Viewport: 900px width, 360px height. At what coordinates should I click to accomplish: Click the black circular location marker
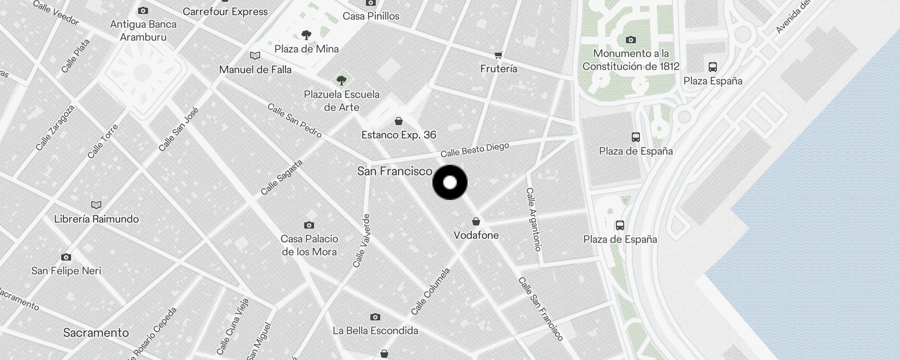pyautogui.click(x=450, y=182)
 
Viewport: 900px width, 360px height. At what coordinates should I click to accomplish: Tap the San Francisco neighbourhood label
pyautogui.click(x=395, y=171)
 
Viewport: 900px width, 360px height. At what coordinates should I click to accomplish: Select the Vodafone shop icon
pyautogui.click(x=476, y=221)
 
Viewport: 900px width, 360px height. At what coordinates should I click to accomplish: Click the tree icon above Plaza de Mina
pyautogui.click(x=306, y=35)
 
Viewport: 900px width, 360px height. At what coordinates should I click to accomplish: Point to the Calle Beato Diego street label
pyautogui.click(x=475, y=150)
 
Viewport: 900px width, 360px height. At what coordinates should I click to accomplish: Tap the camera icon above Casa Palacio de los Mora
pyautogui.click(x=309, y=225)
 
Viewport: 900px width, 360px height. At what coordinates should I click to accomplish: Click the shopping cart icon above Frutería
pyautogui.click(x=498, y=55)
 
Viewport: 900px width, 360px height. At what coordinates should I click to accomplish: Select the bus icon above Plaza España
pyautogui.click(x=713, y=67)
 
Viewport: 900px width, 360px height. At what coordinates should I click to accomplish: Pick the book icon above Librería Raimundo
pyautogui.click(x=96, y=205)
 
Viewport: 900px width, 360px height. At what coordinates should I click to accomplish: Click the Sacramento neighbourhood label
pyautogui.click(x=96, y=333)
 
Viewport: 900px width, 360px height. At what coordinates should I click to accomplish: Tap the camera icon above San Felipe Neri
pyautogui.click(x=66, y=257)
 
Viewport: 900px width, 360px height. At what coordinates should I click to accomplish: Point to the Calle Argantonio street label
pyautogui.click(x=533, y=219)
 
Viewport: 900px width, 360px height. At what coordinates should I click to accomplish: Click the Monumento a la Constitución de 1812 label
pyautogui.click(x=631, y=60)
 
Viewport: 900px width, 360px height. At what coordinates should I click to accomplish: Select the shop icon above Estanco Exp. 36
pyautogui.click(x=398, y=121)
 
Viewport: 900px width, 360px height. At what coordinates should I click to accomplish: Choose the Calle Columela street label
pyautogui.click(x=430, y=292)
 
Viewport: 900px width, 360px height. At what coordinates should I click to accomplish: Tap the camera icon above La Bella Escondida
pyautogui.click(x=375, y=317)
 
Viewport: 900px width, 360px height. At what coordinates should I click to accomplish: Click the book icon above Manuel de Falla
pyautogui.click(x=255, y=56)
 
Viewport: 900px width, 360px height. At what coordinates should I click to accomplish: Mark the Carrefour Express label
pyautogui.click(x=225, y=12)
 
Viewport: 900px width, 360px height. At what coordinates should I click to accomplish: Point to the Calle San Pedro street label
pyautogui.click(x=294, y=121)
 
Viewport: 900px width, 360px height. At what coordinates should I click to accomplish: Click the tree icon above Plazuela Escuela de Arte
pyautogui.click(x=342, y=81)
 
